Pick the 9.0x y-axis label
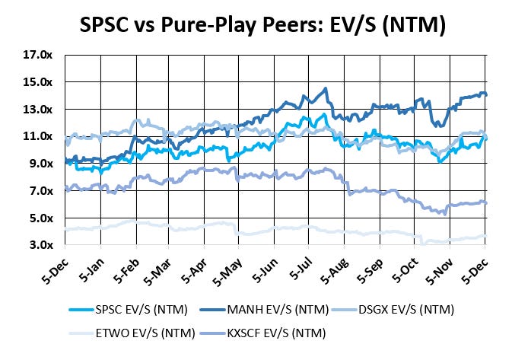tap(40, 164)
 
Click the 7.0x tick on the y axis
tap(40, 190)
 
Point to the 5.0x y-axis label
tap(40, 218)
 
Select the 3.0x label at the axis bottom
tap(40, 245)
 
